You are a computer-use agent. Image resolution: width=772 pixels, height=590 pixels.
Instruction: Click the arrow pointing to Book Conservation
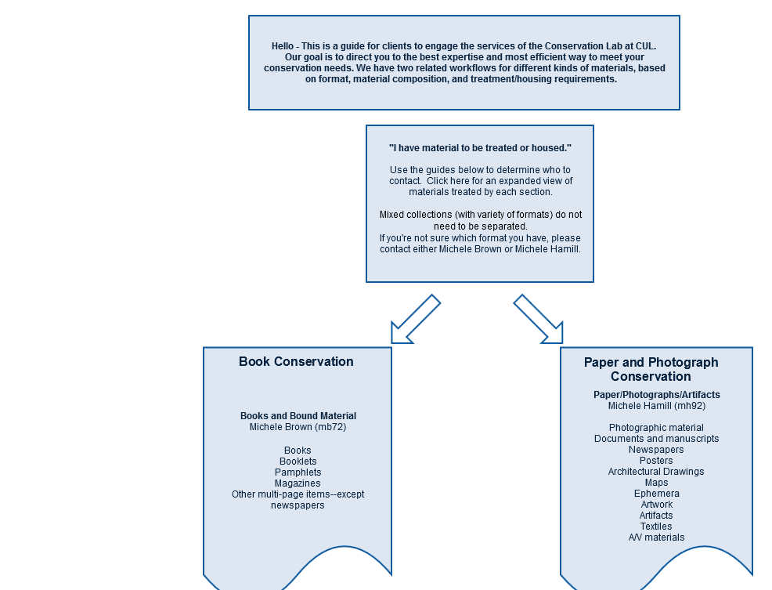click(416, 319)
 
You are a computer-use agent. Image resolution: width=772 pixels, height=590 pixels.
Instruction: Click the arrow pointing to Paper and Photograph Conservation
click(538, 319)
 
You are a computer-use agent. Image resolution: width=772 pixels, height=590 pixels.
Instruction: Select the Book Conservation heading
click(296, 361)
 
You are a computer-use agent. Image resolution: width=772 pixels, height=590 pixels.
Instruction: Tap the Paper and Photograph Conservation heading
click(651, 369)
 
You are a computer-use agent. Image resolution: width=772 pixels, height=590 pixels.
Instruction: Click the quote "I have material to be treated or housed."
click(480, 148)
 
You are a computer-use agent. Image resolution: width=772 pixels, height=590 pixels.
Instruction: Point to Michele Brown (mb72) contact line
click(298, 427)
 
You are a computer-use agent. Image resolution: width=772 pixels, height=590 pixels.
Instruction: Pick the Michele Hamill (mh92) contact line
click(657, 406)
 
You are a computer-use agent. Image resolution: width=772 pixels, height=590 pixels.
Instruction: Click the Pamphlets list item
click(298, 472)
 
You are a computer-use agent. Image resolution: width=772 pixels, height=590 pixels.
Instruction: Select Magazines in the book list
click(298, 483)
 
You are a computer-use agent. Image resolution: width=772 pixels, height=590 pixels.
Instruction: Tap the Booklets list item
click(298, 462)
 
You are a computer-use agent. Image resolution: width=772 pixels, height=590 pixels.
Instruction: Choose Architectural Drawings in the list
click(656, 471)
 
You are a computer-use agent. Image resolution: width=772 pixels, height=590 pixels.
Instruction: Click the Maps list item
click(656, 483)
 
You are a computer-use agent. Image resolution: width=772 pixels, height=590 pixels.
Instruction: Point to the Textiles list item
click(656, 526)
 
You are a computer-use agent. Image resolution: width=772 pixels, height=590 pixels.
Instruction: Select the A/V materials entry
click(656, 538)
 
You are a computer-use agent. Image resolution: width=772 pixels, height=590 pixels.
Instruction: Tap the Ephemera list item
click(657, 494)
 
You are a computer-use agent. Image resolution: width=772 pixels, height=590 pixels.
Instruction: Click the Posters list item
click(656, 461)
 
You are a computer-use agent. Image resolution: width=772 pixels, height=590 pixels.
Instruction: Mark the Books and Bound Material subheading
click(298, 416)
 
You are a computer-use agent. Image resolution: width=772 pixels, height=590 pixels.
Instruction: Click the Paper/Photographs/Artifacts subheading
click(657, 395)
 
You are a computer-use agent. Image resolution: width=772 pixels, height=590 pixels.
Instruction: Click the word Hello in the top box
click(283, 46)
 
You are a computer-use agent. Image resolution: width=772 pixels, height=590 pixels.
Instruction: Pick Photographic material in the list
click(656, 427)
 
